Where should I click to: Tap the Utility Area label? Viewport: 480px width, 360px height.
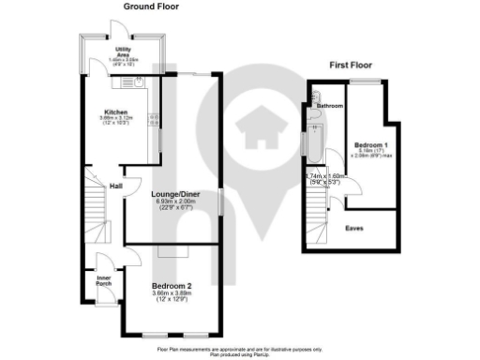[x=123, y=51]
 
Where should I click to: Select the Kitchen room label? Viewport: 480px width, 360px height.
[x=116, y=112]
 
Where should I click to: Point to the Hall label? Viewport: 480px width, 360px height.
[x=115, y=185]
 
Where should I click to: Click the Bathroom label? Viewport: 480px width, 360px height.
[x=329, y=106]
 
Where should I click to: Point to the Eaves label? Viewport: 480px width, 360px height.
[x=354, y=227]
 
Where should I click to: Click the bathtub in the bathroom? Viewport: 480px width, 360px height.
[x=315, y=144]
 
